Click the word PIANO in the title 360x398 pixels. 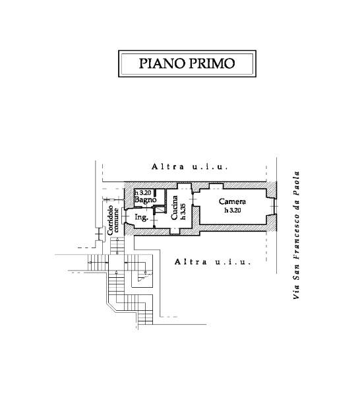pyautogui.click(x=162, y=63)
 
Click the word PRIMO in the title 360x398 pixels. pyautogui.click(x=212, y=63)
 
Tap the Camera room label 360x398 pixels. pyautogui.click(x=232, y=201)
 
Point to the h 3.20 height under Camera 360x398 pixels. pyautogui.click(x=233, y=210)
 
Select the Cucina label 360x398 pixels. pyautogui.click(x=175, y=207)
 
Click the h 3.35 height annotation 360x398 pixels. pyautogui.click(x=183, y=211)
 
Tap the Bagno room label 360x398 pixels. pyautogui.click(x=145, y=200)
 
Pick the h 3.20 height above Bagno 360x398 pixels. pyautogui.click(x=142, y=193)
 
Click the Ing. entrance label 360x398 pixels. pyautogui.click(x=142, y=217)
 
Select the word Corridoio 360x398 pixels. pyautogui.click(x=110, y=220)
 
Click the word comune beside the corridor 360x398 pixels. pyautogui.click(x=116, y=220)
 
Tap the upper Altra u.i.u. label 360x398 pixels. pyautogui.click(x=190, y=167)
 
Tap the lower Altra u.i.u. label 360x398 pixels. pyautogui.click(x=213, y=261)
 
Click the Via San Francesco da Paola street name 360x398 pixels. pyautogui.click(x=296, y=235)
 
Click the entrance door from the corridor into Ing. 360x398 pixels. pyautogui.click(x=124, y=216)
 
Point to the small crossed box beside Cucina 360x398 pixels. pyautogui.click(x=160, y=210)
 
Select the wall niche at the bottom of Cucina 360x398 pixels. pyautogui.click(x=175, y=231)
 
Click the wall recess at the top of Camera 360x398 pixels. pyautogui.click(x=216, y=186)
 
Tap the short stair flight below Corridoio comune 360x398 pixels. pyautogui.click(x=117, y=246)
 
